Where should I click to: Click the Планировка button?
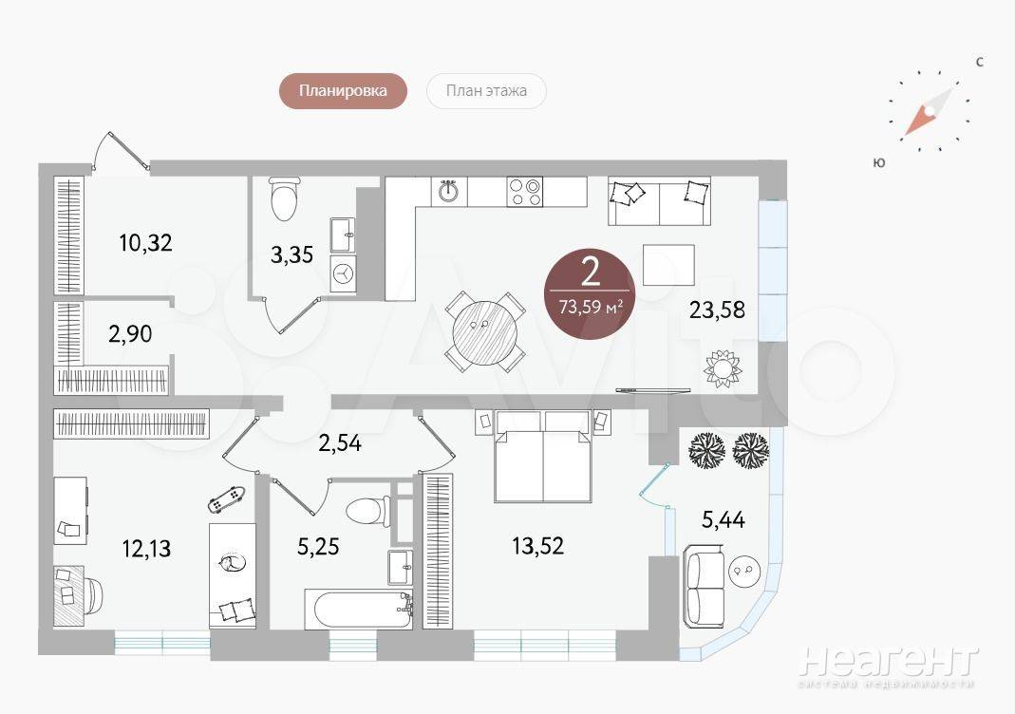[343, 90]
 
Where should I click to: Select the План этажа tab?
[486, 90]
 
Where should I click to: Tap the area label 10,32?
[145, 243]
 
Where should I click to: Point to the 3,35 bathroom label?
[291, 254]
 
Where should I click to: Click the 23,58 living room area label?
[717, 310]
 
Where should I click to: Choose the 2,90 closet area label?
[130, 334]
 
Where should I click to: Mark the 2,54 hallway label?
[340, 443]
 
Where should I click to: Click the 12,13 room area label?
[147, 549]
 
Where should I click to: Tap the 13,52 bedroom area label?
[538, 546]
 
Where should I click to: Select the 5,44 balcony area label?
[724, 519]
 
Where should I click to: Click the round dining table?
[485, 330]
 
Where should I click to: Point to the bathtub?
[358, 610]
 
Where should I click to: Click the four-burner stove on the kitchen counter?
[525, 192]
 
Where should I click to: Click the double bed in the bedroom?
[543, 457]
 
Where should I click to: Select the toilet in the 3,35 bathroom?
[285, 198]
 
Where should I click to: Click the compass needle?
[929, 112]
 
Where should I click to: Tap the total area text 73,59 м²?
[591, 306]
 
